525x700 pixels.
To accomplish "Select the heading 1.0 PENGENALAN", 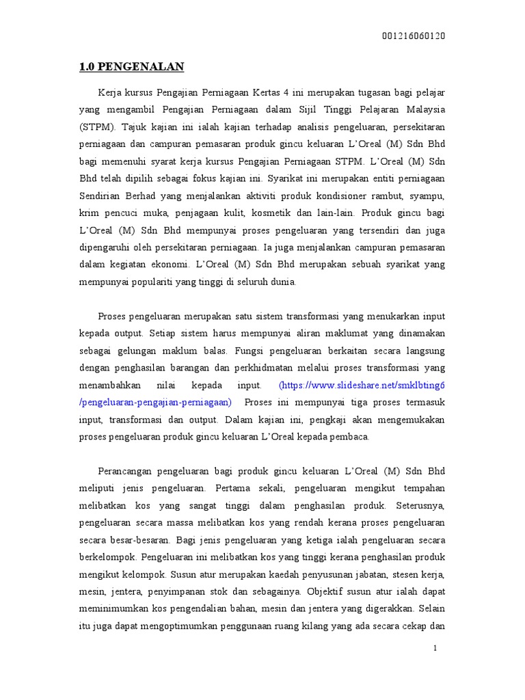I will [x=132, y=67].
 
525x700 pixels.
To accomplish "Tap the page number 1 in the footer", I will [x=435, y=648].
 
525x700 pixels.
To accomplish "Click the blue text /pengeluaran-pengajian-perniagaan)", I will [x=156, y=403].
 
